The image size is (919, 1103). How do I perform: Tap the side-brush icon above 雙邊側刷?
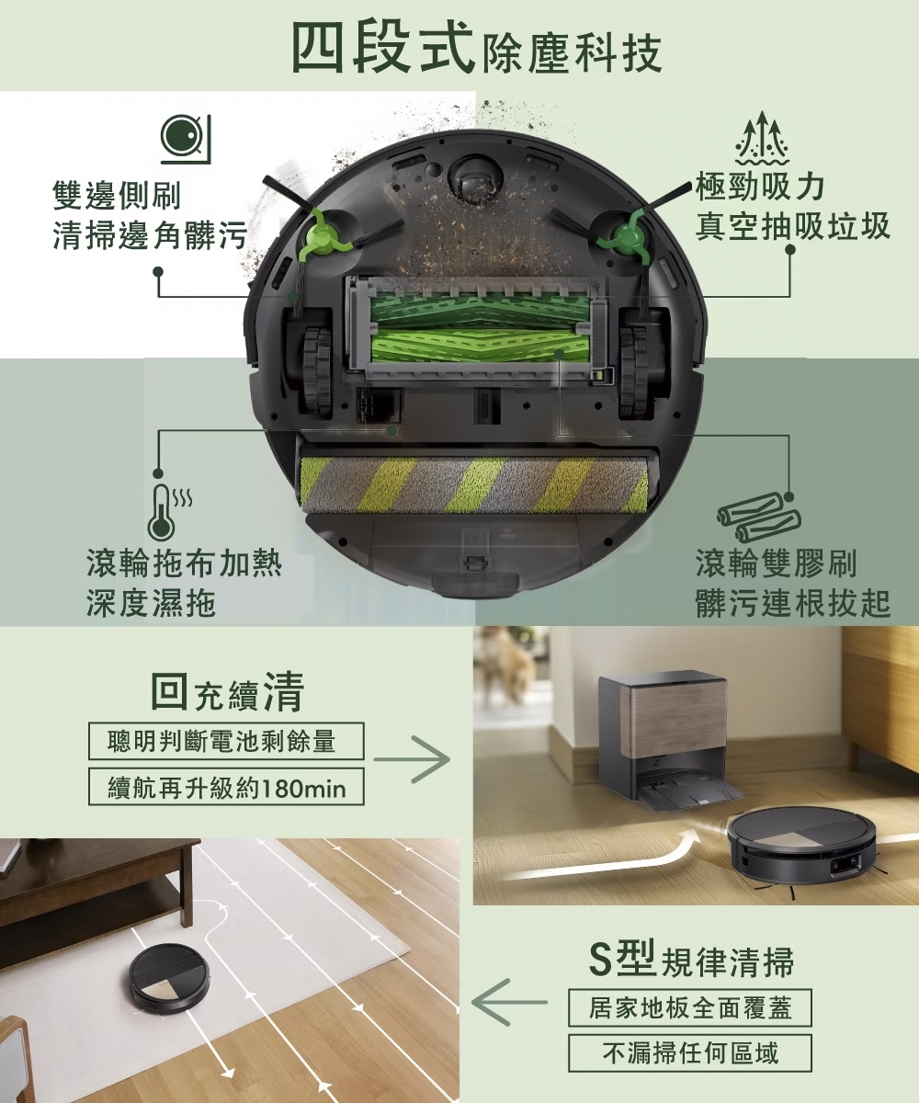coord(186,139)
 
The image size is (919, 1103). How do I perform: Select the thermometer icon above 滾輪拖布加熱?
coord(168,511)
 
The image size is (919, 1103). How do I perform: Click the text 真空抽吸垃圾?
coord(792,226)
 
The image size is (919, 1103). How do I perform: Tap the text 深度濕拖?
coord(151,602)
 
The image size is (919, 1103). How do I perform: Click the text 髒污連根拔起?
coord(793,602)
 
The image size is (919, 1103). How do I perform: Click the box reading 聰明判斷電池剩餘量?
coord(226,741)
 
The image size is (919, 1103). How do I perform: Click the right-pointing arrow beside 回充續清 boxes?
coord(412,760)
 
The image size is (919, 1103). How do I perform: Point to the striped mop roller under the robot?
coord(474,485)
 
